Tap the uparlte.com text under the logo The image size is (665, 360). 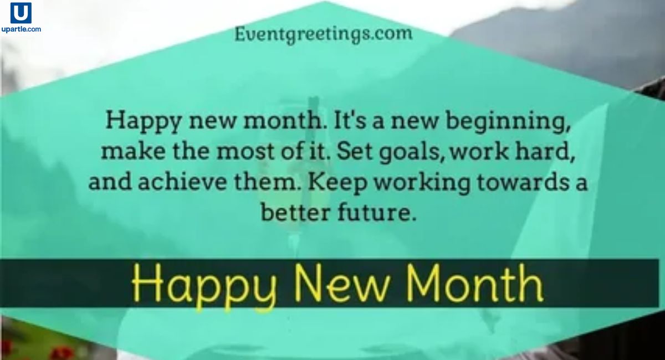tap(21, 29)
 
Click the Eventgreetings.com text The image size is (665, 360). tap(323, 34)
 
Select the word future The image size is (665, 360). tap(380, 212)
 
